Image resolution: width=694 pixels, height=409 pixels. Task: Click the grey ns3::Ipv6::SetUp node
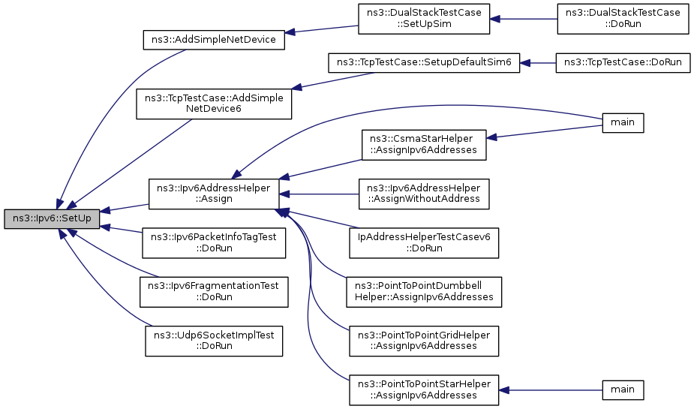[x=52, y=218]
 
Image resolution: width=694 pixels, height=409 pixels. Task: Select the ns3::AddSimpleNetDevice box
[x=214, y=40]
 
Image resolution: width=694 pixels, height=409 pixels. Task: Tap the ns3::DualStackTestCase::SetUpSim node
[x=424, y=19]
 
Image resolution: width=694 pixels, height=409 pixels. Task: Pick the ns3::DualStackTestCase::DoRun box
[x=623, y=19]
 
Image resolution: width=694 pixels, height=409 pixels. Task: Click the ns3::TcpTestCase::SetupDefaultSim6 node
[x=424, y=62]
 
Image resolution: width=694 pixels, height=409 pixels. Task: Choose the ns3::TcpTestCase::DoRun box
[x=623, y=62]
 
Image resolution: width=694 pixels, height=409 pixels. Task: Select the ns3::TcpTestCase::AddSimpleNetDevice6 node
[x=214, y=104]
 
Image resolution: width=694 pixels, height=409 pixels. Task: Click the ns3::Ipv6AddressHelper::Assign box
[x=214, y=194]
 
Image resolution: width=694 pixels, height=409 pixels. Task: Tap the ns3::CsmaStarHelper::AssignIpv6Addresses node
[x=424, y=145]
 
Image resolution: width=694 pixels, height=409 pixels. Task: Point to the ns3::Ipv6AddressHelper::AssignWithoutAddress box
[x=424, y=194]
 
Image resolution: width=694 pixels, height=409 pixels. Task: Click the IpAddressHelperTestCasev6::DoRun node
[x=424, y=243]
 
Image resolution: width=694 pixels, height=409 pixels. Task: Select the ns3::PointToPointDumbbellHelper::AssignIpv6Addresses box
[x=424, y=292]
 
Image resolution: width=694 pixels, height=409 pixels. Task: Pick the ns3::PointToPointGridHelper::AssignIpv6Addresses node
[x=424, y=341]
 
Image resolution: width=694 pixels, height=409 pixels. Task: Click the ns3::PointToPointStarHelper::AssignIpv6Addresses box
[x=424, y=390]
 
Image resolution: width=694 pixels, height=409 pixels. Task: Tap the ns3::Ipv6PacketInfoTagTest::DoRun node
[x=214, y=243]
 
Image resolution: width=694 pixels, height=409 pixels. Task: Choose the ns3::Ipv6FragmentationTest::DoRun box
[x=214, y=292]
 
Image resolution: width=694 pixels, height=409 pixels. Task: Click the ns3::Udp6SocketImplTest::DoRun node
[x=214, y=341]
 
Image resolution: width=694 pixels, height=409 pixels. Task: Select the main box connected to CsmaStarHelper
[x=623, y=122]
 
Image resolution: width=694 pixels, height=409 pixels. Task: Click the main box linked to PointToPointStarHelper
[x=623, y=390]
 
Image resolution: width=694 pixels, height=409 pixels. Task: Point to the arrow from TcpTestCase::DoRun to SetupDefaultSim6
[x=538, y=63]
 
